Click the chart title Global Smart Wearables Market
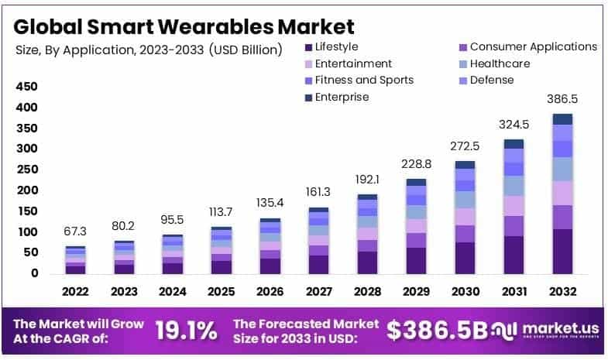(184, 26)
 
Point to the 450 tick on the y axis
(27, 86)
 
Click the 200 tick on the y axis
(27, 190)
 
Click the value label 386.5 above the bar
(562, 100)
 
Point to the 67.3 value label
(75, 231)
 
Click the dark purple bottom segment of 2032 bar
(562, 252)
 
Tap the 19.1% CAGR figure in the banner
(186, 331)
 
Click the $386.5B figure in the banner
(437, 331)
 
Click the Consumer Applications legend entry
(533, 47)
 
